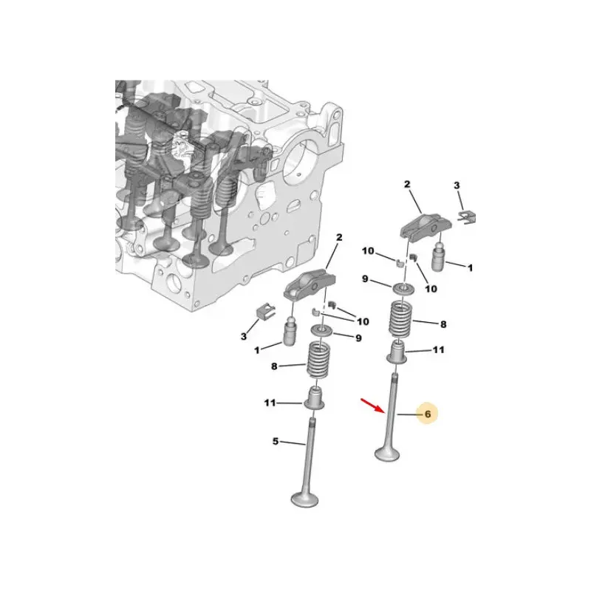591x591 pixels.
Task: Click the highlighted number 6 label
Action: [x=428, y=414]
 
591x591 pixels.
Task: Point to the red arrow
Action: [x=373, y=406]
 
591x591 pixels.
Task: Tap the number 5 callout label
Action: [x=276, y=440]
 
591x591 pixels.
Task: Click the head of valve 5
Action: [x=304, y=499]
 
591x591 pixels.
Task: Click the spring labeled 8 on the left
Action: [x=319, y=359]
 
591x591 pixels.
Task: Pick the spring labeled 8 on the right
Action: [x=400, y=319]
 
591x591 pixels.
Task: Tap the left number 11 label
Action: [x=270, y=403]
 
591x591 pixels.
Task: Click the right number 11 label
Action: [x=438, y=349]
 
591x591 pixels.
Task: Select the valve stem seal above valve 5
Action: [x=315, y=397]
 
